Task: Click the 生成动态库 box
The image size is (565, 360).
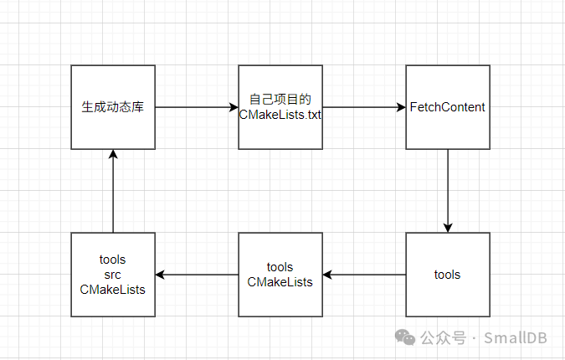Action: pyautogui.click(x=113, y=107)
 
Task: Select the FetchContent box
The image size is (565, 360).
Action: pyautogui.click(x=448, y=107)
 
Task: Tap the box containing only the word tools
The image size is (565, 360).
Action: pyautogui.click(x=448, y=275)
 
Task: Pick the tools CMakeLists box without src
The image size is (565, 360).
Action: pyautogui.click(x=280, y=275)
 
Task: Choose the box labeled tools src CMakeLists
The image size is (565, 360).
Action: pyautogui.click(x=113, y=275)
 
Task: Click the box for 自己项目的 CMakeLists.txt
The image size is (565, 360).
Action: pyautogui.click(x=280, y=107)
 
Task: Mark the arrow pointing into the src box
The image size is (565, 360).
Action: pyautogui.click(x=197, y=275)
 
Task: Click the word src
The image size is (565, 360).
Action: pyautogui.click(x=113, y=275)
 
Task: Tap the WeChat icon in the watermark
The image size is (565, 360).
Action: pyautogui.click(x=405, y=337)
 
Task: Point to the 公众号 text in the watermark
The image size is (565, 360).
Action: pyautogui.click(x=443, y=337)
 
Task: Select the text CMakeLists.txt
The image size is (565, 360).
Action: pyautogui.click(x=280, y=115)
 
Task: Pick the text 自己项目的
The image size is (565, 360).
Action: pyautogui.click(x=280, y=100)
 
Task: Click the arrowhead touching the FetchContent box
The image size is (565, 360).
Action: pyautogui.click(x=401, y=107)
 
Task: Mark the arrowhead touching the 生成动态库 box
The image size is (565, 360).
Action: pyautogui.click(x=113, y=155)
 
